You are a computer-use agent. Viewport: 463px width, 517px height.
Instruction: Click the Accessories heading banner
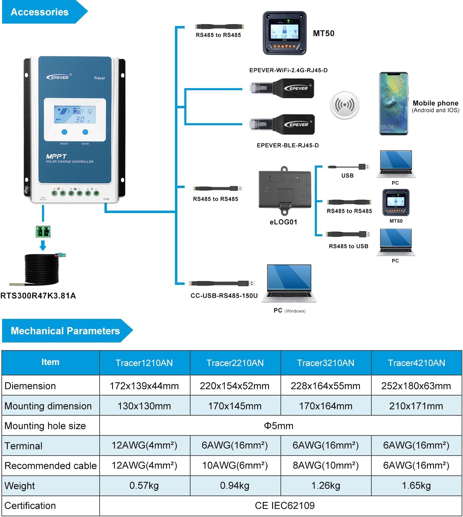pyautogui.click(x=40, y=12)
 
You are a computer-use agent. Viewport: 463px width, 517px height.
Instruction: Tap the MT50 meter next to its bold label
pyautogui.click(x=284, y=33)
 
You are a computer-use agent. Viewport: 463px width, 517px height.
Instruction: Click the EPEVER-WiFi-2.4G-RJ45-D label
pyautogui.click(x=288, y=70)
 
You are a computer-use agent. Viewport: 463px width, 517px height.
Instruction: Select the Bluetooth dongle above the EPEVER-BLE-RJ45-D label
pyautogui.click(x=283, y=125)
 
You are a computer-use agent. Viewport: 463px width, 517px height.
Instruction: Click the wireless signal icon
pyautogui.click(x=344, y=105)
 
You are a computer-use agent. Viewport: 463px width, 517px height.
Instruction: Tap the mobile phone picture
pyautogui.click(x=393, y=103)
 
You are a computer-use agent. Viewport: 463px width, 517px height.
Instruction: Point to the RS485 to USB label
pyautogui.click(x=348, y=246)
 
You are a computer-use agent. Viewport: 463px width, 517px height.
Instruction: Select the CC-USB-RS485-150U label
pyautogui.click(x=224, y=296)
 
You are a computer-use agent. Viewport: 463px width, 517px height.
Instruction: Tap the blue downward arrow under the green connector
pyautogui.click(x=43, y=245)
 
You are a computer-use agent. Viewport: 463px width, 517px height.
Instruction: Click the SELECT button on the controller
pyautogui.click(x=64, y=132)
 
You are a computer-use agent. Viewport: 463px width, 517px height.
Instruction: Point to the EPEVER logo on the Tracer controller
pyautogui.click(x=58, y=77)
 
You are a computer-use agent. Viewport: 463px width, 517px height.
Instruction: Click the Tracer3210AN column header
pyautogui.click(x=326, y=363)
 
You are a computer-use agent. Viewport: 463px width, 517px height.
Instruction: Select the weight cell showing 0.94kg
pyautogui.click(x=235, y=485)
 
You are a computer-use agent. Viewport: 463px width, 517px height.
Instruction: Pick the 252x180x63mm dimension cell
pyautogui.click(x=416, y=386)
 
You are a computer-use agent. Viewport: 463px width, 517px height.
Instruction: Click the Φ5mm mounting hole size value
pyautogui.click(x=279, y=426)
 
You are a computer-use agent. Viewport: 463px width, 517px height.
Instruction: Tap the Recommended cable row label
pyautogui.click(x=50, y=466)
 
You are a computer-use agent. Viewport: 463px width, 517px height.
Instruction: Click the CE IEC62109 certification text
pyautogui.click(x=285, y=506)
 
